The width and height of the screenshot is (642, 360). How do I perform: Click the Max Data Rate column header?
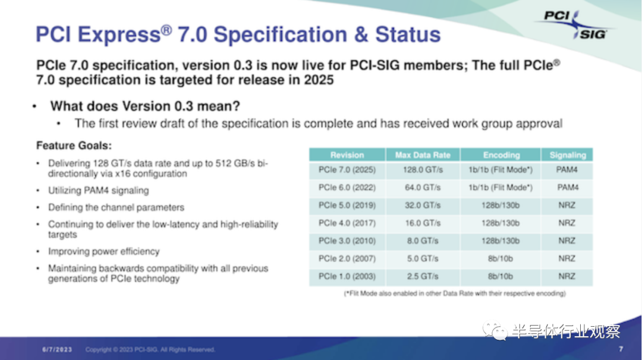coord(423,155)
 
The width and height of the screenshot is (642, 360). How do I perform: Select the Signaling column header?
coord(568,155)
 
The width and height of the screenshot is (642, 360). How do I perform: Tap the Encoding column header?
coord(501,155)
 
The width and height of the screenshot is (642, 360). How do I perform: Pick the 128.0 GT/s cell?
coord(423,170)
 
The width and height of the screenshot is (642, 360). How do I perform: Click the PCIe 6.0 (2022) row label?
coord(347,187)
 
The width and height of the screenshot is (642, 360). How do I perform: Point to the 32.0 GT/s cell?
coord(423,206)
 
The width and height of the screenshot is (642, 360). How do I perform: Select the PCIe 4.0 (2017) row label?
coord(347,223)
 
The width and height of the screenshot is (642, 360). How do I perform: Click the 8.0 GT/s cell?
coord(423,241)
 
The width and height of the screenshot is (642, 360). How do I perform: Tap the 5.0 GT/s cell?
coord(423,258)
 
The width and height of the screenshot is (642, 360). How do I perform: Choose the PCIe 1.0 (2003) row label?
coord(347,277)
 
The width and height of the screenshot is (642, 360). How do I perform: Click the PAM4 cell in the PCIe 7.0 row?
coord(567,170)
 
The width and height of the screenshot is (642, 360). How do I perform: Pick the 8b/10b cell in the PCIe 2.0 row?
coord(501,258)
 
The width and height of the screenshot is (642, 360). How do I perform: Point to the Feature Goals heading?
coord(74,146)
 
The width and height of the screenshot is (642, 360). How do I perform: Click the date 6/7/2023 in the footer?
coord(57,349)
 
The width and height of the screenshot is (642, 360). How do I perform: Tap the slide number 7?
coord(621,349)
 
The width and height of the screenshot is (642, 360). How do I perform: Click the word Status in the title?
coord(408,34)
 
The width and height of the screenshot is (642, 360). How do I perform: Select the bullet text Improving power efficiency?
coord(103,251)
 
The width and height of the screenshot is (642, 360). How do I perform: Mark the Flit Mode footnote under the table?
coord(455,293)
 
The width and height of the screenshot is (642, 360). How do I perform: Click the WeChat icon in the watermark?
coord(495,331)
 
